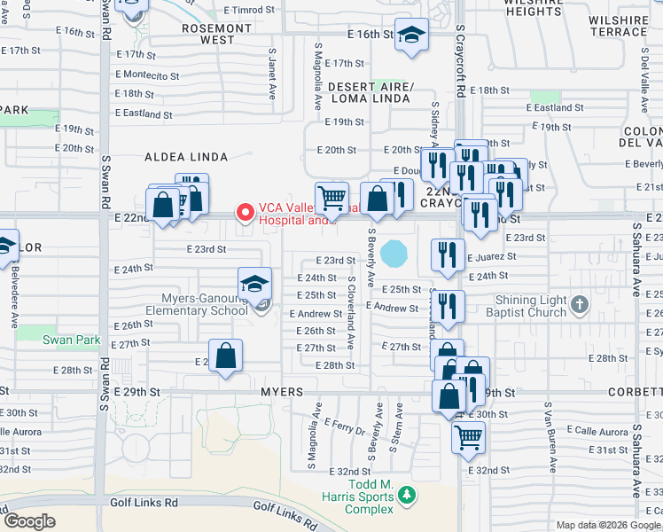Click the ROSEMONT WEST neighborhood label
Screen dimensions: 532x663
(206, 34)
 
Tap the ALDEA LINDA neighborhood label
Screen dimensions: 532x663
(186, 157)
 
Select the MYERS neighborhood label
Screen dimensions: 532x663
(282, 392)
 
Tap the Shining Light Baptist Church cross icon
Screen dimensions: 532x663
(579, 305)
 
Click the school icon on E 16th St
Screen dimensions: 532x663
(410, 35)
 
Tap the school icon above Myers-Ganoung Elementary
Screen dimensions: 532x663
(255, 285)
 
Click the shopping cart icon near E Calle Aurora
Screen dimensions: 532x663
(468, 435)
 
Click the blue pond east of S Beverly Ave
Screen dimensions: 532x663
(394, 254)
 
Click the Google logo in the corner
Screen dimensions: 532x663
(30, 521)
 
